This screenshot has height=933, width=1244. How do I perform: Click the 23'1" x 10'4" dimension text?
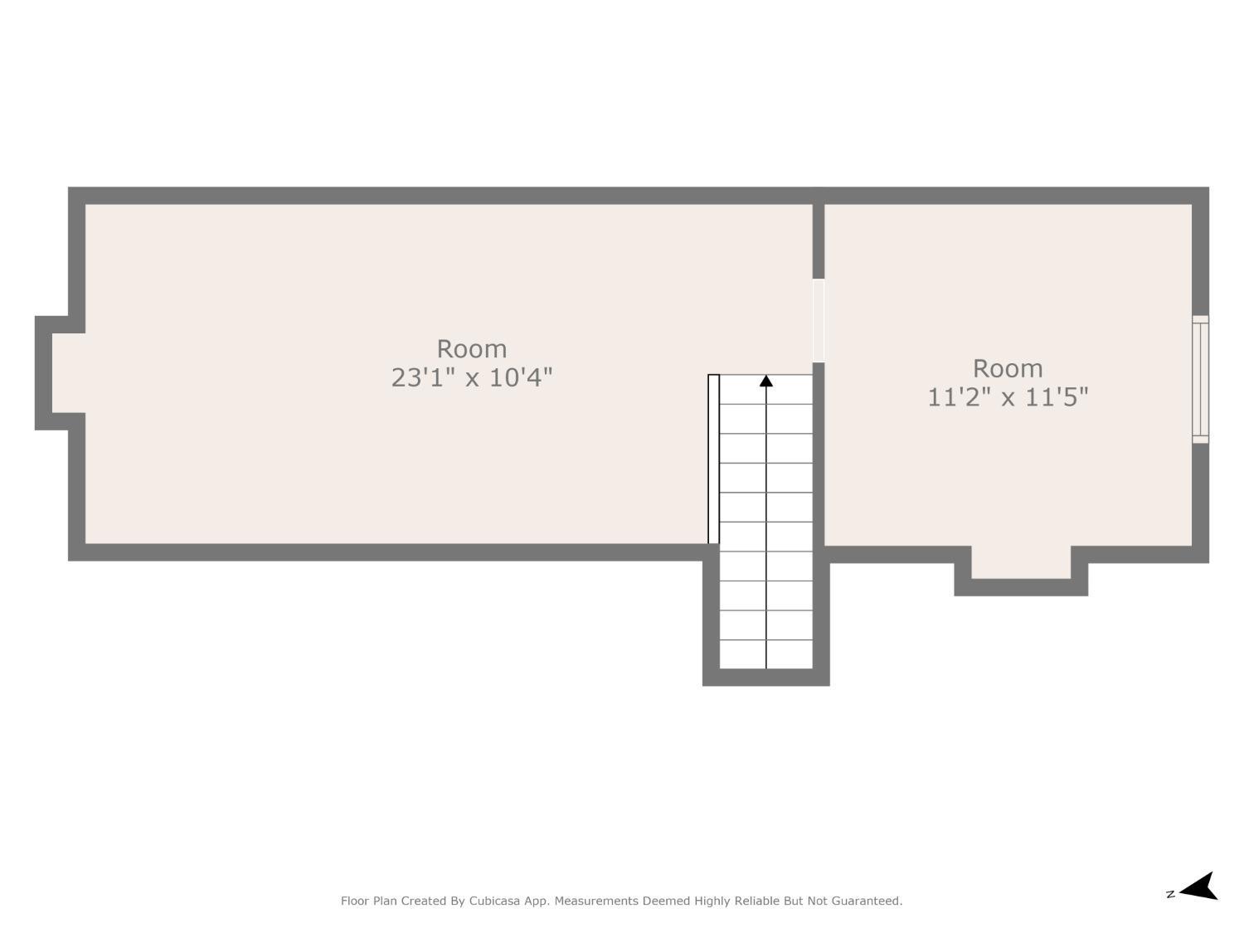(x=471, y=377)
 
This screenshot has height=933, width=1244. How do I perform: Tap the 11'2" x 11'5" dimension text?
(x=1007, y=397)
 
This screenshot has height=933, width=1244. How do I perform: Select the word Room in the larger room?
(x=471, y=348)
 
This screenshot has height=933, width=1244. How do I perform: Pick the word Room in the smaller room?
(x=1007, y=368)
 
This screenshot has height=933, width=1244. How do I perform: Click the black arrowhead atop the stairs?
(x=766, y=381)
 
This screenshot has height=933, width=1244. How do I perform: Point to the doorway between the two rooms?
(x=819, y=321)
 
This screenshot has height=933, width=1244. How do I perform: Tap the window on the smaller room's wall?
(x=1200, y=379)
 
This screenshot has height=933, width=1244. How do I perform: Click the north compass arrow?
(x=1200, y=887)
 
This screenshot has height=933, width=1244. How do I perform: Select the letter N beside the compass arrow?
(x=1170, y=894)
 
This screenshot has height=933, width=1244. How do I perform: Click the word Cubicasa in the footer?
(x=494, y=901)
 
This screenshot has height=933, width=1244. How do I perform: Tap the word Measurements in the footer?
(x=595, y=901)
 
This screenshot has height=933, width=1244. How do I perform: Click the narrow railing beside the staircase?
(x=713, y=459)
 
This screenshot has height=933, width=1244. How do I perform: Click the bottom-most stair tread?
(x=765, y=654)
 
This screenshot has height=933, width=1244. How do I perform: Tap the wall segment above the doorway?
(x=819, y=241)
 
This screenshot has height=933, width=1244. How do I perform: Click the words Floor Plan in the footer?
(x=368, y=901)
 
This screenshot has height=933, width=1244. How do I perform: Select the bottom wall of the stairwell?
(x=765, y=678)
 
